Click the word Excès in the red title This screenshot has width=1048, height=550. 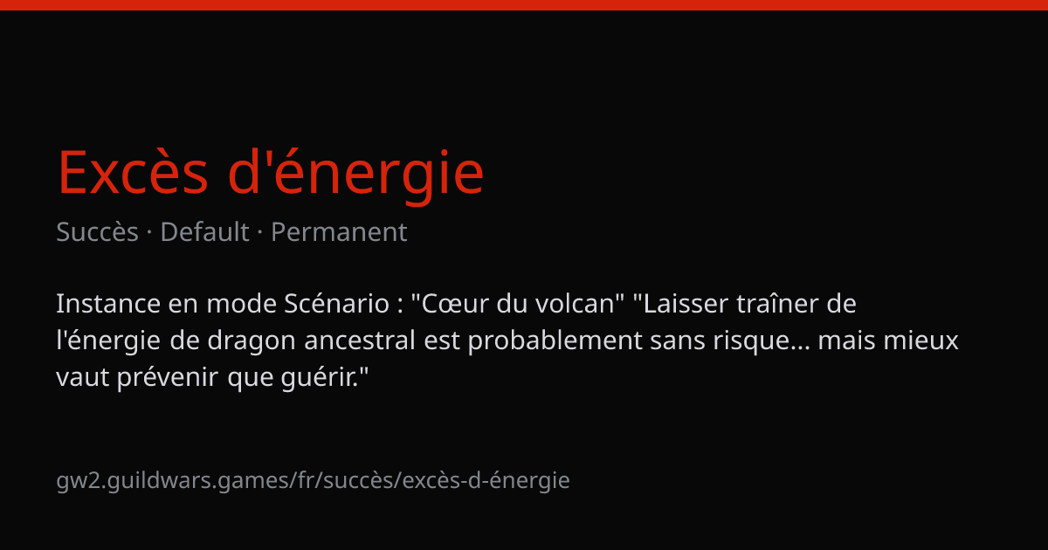point(133,172)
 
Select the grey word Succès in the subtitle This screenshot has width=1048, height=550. point(97,231)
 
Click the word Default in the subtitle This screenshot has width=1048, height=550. point(204,231)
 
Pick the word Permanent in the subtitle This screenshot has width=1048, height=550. point(339,231)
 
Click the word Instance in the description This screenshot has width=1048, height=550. point(108,304)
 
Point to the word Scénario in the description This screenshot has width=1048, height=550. point(337,304)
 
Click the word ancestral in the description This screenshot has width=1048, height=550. point(360,340)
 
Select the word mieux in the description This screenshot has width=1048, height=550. point(920,340)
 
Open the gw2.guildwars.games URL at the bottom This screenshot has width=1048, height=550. point(313,481)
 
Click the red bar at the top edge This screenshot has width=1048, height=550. point(524,4)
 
